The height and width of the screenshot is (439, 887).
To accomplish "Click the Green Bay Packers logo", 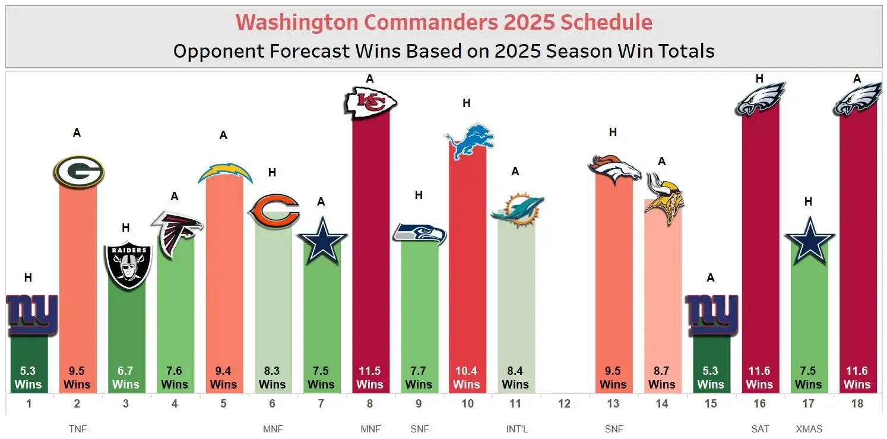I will coord(79,172).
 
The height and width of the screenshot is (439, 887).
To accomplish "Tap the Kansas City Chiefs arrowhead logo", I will coord(370,102).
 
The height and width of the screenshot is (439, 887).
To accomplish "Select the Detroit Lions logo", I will coord(468,141).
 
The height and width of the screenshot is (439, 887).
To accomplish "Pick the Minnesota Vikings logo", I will coord(663,198).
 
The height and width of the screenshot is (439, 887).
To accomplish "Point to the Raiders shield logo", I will coord(128,265).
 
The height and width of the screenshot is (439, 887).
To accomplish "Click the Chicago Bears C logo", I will coord(273,211).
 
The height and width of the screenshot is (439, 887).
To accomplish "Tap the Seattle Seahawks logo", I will coord(419,233).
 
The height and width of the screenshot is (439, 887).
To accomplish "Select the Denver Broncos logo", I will coord(614,168).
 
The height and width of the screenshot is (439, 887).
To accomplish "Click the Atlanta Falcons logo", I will coord(176,233).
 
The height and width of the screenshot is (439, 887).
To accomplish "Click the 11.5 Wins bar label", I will coord(369,378).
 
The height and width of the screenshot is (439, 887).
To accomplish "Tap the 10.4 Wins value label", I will coord(467,378).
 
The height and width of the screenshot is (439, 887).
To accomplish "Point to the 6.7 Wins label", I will coord(126,378).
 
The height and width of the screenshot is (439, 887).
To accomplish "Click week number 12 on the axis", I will coord(564,404).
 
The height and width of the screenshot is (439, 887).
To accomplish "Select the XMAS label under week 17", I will coord(808,429).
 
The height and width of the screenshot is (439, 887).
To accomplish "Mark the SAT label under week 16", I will coord(759,429).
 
